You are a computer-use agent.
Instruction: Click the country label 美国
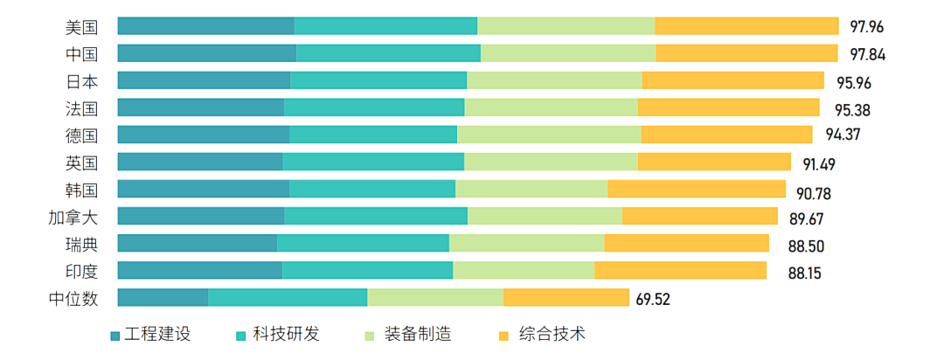point(81,27)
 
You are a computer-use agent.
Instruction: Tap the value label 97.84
point(867,54)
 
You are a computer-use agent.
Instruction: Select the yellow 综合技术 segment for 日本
point(732,80)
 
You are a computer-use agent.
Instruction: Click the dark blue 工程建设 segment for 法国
point(200,107)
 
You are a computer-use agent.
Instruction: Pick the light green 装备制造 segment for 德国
point(549,135)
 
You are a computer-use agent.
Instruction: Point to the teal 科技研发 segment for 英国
point(373,162)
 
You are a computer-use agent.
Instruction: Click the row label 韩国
point(81,190)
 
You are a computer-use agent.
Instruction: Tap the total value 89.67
point(806,218)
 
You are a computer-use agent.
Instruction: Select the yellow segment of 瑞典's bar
point(686,243)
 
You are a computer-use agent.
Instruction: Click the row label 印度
point(81,271)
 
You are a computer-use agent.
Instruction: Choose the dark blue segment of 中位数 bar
point(163,297)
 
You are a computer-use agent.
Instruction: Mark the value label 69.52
point(653,300)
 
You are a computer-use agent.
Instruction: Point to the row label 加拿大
point(73,217)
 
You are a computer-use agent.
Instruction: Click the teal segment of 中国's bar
point(388,53)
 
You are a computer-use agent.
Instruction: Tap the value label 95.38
point(852,110)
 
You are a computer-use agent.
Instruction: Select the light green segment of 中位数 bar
point(435,297)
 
